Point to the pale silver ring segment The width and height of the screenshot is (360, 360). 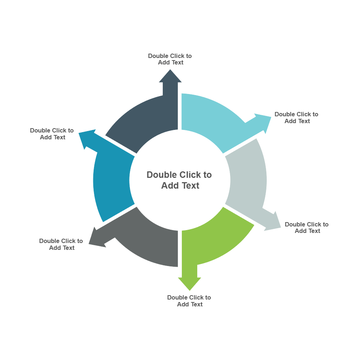[x=248, y=180]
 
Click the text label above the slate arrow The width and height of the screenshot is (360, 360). [x=170, y=59]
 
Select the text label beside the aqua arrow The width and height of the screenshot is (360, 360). [x=297, y=118]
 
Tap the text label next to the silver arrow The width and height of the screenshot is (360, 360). [x=307, y=228]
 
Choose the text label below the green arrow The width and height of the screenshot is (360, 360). [x=189, y=301]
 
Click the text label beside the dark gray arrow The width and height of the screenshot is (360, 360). [x=61, y=244]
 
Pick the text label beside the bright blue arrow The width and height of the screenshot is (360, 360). [x=52, y=134]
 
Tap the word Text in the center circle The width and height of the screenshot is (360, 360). [x=190, y=186]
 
